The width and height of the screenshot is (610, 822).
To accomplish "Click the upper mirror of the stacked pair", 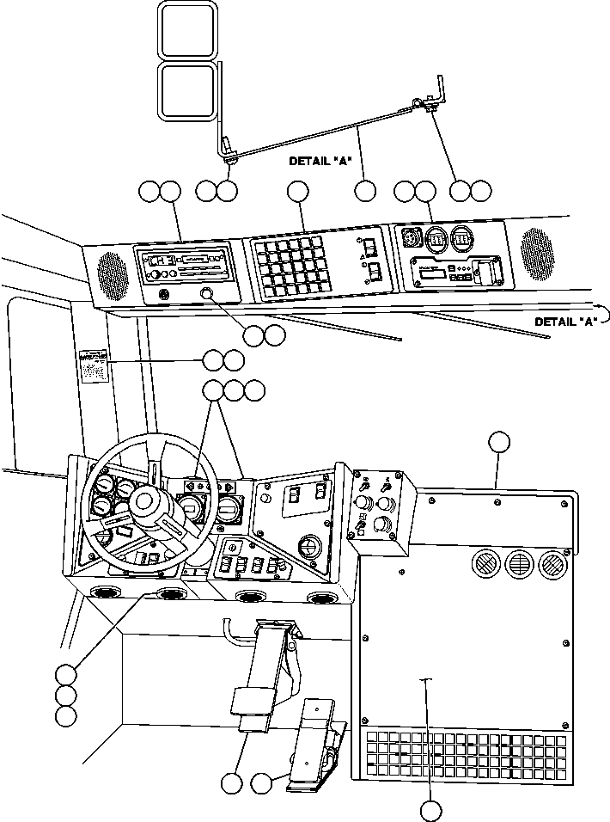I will pos(187,31).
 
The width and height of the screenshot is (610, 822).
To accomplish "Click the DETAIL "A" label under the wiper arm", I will pos(321,161).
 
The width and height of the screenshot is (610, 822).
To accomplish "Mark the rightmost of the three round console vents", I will pos(551,564).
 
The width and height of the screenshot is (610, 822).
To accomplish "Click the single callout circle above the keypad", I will pos(297,192).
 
